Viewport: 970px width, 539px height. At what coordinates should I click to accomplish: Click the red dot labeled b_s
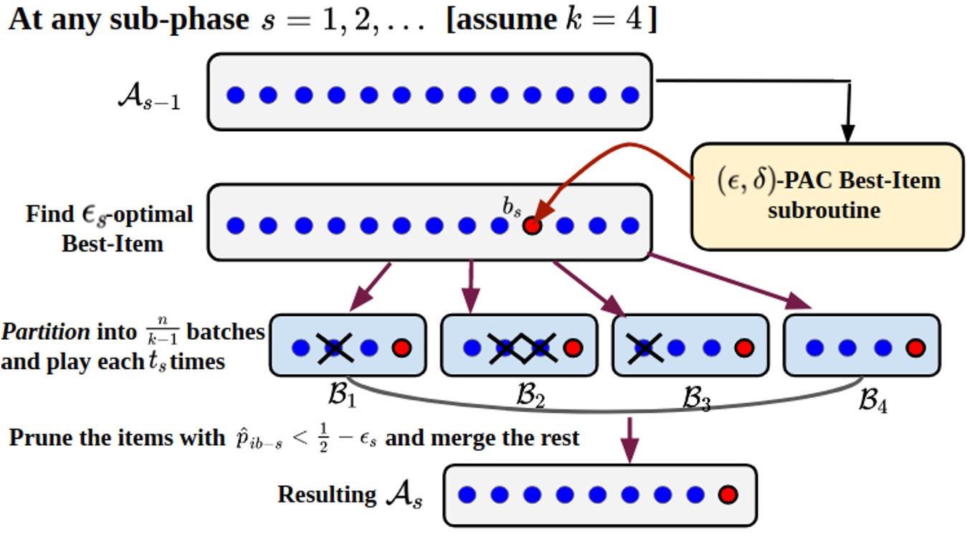(531, 226)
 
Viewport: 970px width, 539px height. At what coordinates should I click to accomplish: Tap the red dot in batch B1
(402, 348)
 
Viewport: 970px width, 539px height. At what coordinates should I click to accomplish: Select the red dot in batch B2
(572, 348)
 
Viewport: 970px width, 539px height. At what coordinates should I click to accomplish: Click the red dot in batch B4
(913, 348)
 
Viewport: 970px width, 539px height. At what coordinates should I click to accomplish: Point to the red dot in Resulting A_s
(728, 495)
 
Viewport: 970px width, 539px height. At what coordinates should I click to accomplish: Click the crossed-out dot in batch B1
(334, 348)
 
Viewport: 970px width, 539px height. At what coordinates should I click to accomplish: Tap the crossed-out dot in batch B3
(645, 348)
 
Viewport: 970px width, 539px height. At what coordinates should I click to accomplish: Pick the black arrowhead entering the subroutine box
(848, 134)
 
